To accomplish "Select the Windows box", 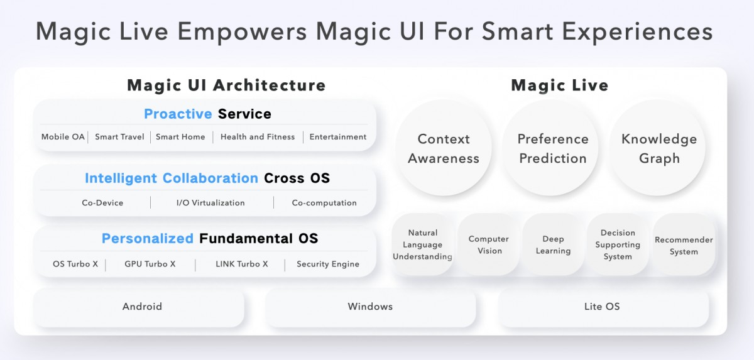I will pyautogui.click(x=370, y=307).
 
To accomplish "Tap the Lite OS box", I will pyautogui.click(x=602, y=307).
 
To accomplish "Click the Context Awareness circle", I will pyautogui.click(x=444, y=149).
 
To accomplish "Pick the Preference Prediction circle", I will pyautogui.click(x=552, y=149).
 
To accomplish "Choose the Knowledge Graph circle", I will pyautogui.click(x=658, y=149).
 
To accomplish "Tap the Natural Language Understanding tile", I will pyautogui.click(x=423, y=245).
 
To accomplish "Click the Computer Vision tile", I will pyautogui.click(x=489, y=245).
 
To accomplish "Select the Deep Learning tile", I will pyautogui.click(x=553, y=245).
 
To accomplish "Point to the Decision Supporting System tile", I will pyautogui.click(x=618, y=245).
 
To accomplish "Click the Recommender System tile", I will pyautogui.click(x=684, y=246).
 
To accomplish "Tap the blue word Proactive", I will pyautogui.click(x=178, y=114).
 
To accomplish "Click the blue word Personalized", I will pyautogui.click(x=148, y=239).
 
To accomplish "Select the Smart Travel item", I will pyautogui.click(x=119, y=137).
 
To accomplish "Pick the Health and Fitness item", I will pyautogui.click(x=257, y=137).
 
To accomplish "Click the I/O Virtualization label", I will pyautogui.click(x=210, y=203).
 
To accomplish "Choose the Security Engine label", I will pyautogui.click(x=328, y=265).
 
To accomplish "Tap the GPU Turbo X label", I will pyautogui.click(x=150, y=265).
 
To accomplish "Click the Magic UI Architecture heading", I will pyautogui.click(x=226, y=85).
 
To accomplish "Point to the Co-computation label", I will pyautogui.click(x=324, y=203).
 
